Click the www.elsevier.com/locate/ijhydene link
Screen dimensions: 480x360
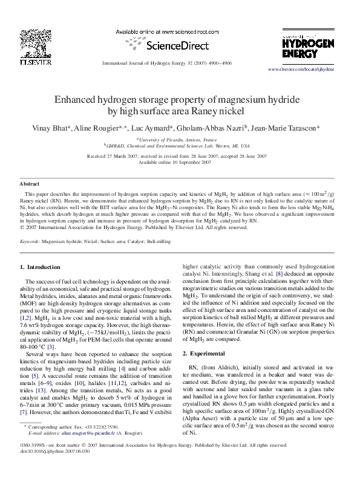click(x=301, y=70)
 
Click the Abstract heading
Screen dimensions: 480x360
click(x=30, y=183)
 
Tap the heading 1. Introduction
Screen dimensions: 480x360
click(x=40, y=267)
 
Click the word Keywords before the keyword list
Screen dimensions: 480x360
click(x=30, y=241)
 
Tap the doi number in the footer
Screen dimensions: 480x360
click(x=55, y=468)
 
